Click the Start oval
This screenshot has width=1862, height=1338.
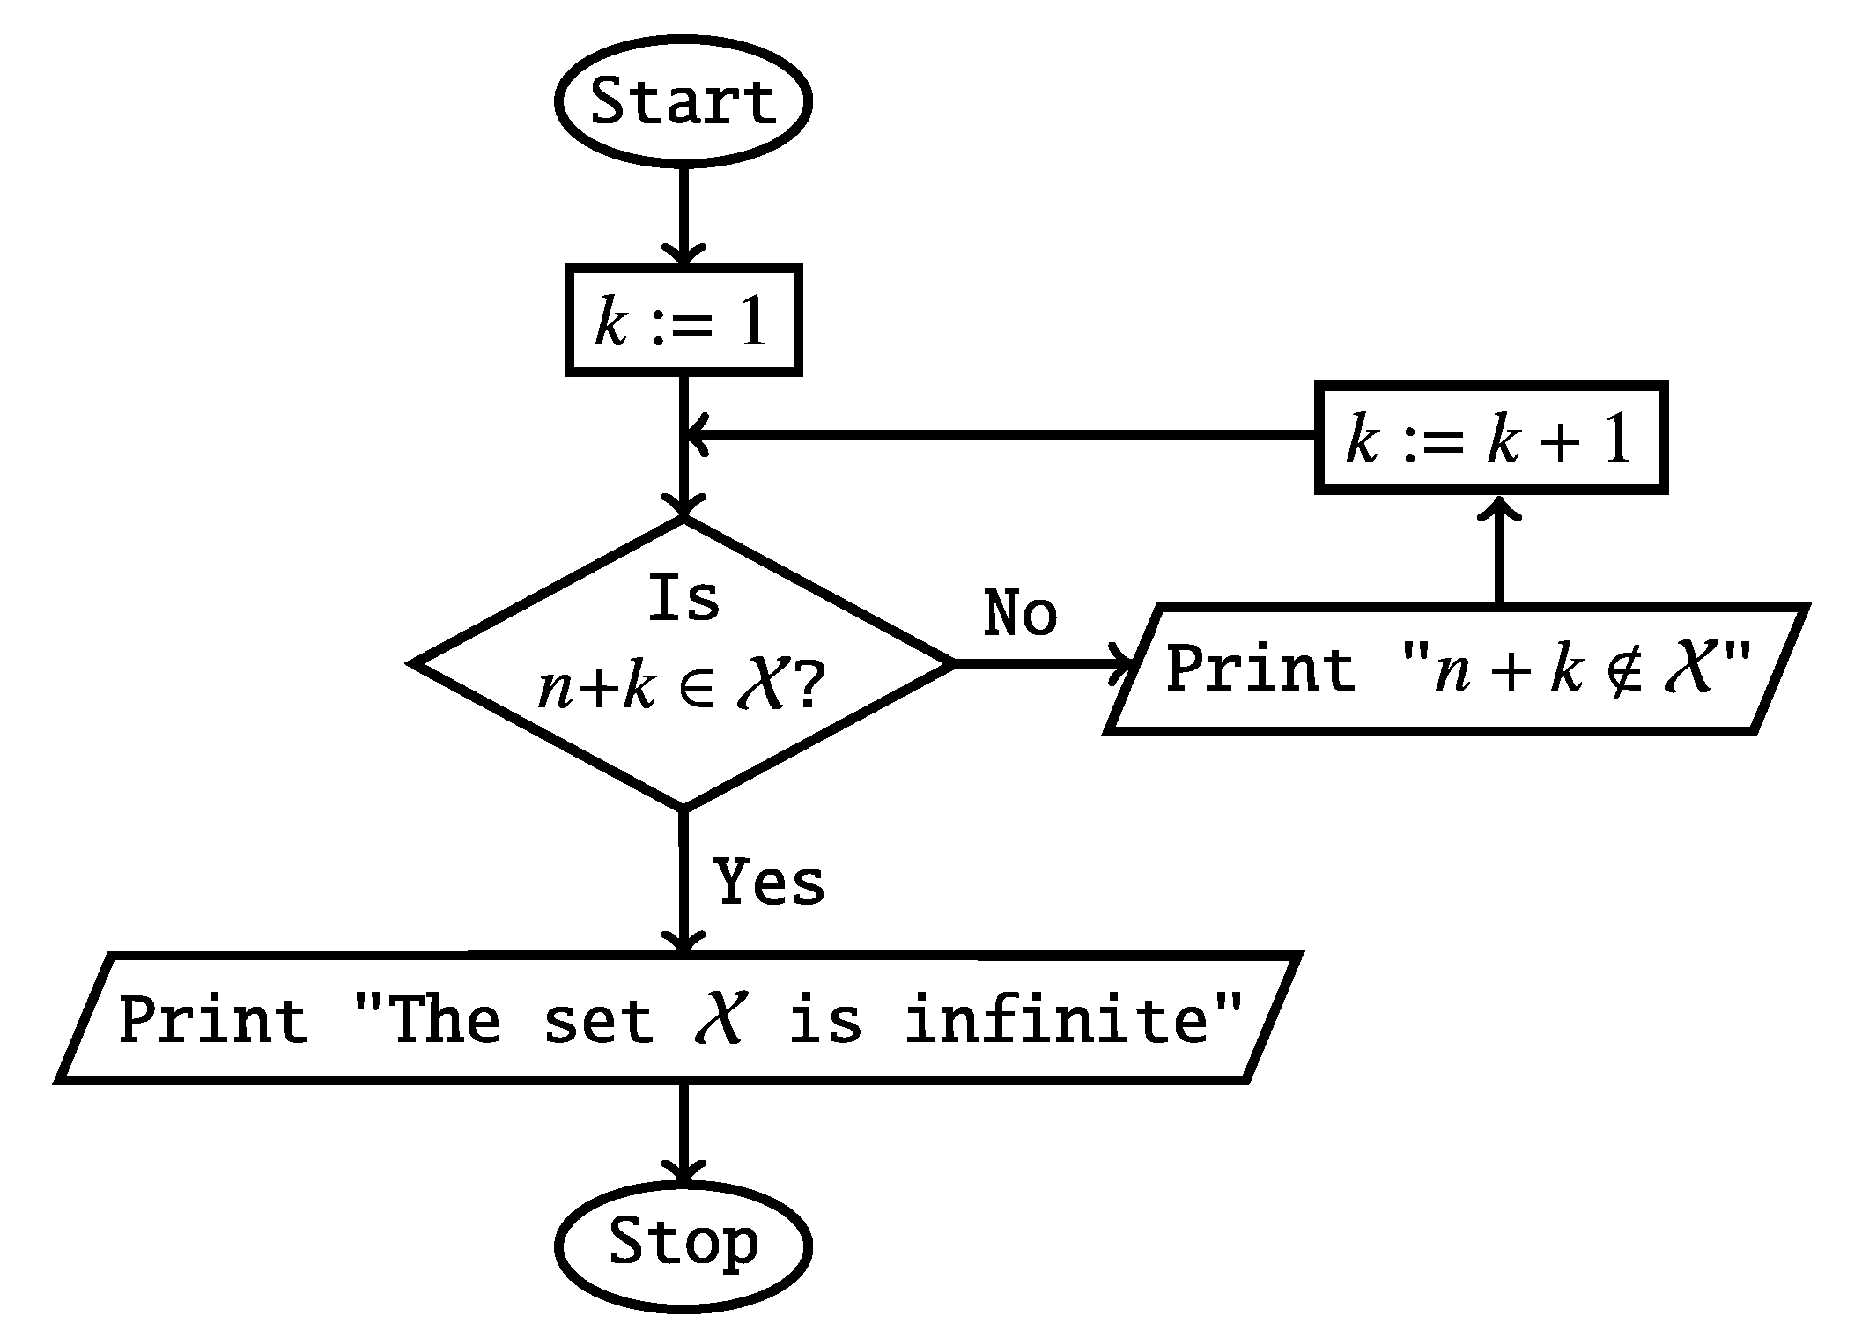(683, 101)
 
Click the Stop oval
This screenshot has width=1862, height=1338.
(683, 1242)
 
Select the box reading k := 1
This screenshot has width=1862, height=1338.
(683, 321)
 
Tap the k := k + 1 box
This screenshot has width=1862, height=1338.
(1490, 438)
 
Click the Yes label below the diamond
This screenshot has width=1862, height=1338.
(769, 882)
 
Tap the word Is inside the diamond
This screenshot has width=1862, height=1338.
(683, 599)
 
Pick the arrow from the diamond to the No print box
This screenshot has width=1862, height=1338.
(1039, 662)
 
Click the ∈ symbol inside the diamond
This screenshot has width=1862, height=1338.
(699, 688)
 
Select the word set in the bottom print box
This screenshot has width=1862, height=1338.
(598, 1019)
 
